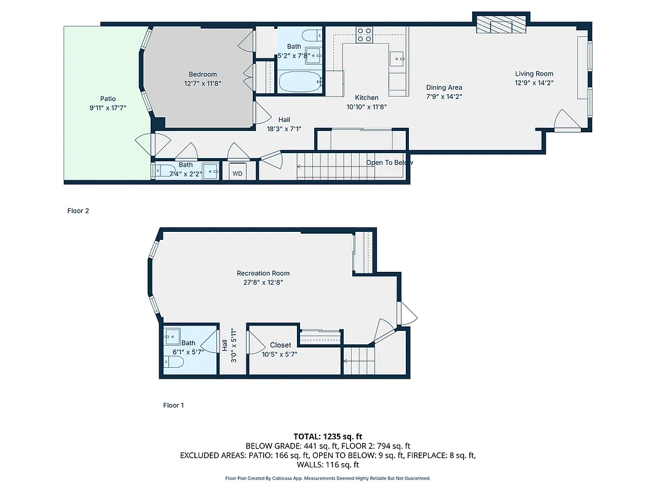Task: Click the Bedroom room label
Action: coord(202,74)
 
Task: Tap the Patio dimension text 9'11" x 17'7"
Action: coord(108,108)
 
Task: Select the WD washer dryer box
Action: coord(237,173)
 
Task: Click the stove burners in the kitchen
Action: coord(364,35)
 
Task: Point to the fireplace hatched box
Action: coord(502,25)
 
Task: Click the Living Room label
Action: coord(534,74)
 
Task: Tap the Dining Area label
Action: coord(444,87)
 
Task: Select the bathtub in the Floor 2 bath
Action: coord(300,82)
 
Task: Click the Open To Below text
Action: coord(389,163)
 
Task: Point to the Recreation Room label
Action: coord(263,273)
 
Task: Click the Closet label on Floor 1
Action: coord(280,345)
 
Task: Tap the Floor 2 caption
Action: coord(78,211)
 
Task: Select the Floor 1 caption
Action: coord(173,405)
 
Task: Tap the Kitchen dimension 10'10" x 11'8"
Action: coord(366,106)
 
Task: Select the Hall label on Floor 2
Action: coord(283,120)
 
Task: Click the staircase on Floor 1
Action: coord(359,360)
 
